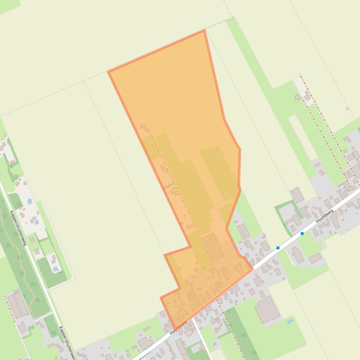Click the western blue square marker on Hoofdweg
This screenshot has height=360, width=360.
[278, 248]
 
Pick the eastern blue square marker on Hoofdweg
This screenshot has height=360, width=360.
[302, 233]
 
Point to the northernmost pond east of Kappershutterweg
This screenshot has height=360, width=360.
[30, 202]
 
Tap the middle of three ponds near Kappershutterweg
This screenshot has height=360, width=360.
[37, 222]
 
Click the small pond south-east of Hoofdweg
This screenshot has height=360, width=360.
[290, 322]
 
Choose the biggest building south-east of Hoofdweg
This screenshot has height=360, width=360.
[267, 310]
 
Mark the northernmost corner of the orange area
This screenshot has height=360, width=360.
[205, 31]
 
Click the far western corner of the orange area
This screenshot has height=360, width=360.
[109, 72]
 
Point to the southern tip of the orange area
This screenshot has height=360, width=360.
[174, 329]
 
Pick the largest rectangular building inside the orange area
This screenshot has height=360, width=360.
[213, 246]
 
